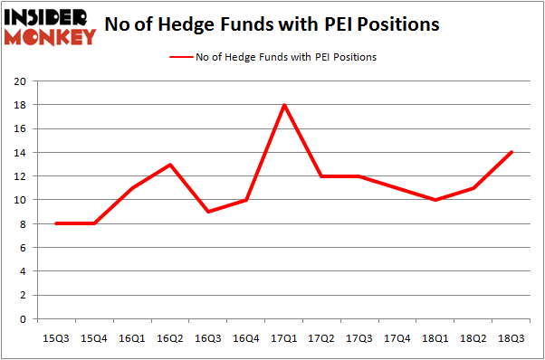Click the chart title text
(272, 24)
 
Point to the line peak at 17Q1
(284, 105)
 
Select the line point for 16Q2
(170, 165)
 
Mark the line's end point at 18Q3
(512, 152)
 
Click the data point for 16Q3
(208, 212)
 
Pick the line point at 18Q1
(436, 200)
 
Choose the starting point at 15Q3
(56, 223)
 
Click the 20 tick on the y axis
(19, 81)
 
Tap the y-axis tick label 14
(19, 152)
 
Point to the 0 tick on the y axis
(23, 319)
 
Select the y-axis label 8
(23, 223)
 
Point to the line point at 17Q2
(322, 176)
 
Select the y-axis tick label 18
(19, 105)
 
